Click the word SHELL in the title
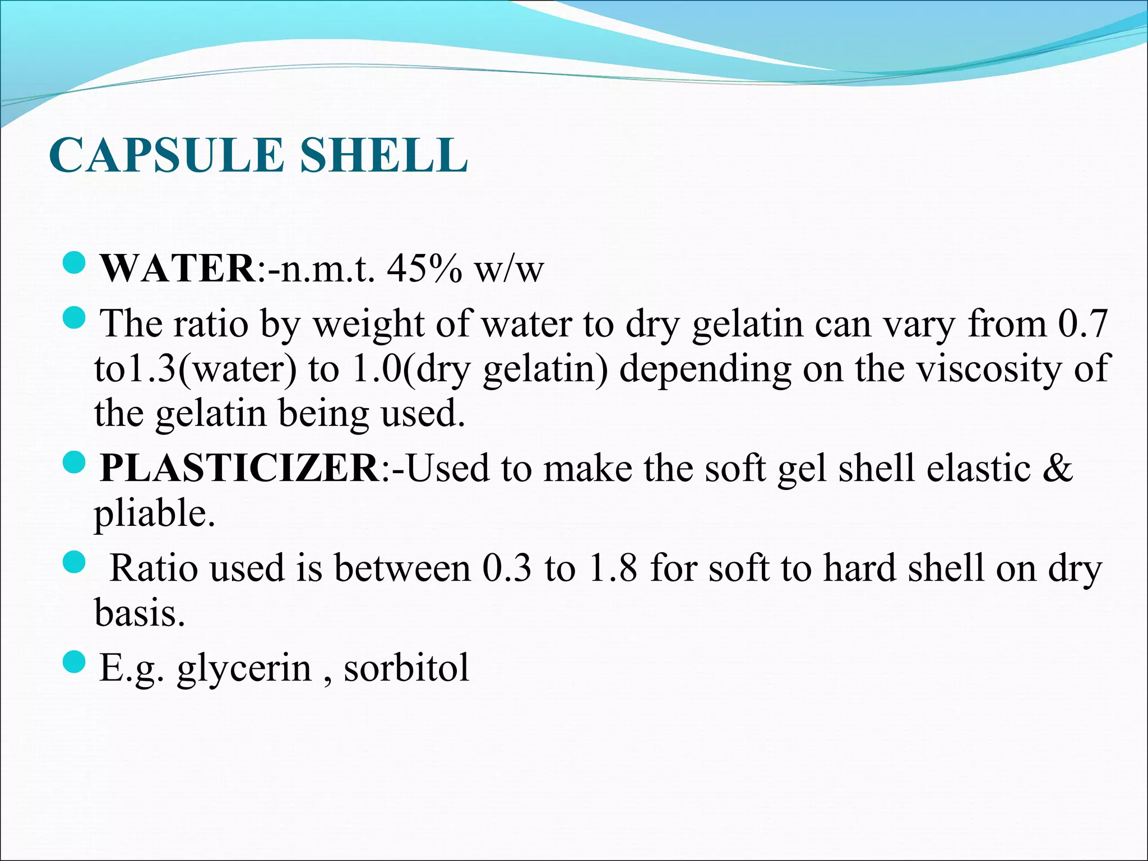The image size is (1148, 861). point(383,155)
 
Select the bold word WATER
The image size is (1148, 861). point(178,269)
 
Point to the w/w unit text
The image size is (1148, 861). point(509,269)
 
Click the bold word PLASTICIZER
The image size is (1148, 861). point(240,468)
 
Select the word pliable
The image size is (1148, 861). point(154,514)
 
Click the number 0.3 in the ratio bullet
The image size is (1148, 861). point(506,568)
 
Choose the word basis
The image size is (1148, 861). point(139,613)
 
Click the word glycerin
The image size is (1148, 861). point(244,668)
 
